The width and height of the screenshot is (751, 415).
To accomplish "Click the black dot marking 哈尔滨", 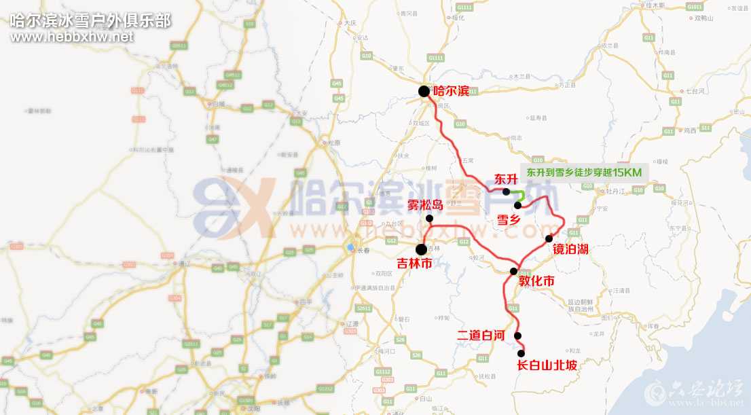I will point(424,91).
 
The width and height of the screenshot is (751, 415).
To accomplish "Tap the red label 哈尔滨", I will point(450,90).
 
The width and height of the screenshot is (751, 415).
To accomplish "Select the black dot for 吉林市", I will point(421,249).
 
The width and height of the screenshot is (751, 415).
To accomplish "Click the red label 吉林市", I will point(414,264).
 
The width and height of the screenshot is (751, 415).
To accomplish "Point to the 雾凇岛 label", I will point(425,205).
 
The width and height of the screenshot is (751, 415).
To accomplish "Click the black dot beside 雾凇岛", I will point(429,218).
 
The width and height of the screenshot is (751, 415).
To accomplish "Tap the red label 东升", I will point(507,179).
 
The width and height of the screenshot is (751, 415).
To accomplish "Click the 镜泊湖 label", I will point(570,250).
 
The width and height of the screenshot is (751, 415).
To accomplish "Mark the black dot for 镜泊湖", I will point(549,238).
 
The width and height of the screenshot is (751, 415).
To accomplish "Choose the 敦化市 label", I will point(536,281).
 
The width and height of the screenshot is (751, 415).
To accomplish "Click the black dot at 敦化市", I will point(513,271).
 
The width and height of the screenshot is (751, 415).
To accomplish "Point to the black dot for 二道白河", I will point(517,336).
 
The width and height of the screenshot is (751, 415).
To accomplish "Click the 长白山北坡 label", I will point(547,365).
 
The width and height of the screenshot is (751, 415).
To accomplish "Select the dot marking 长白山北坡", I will point(521,354).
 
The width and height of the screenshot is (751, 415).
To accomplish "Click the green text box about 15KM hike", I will point(583,173).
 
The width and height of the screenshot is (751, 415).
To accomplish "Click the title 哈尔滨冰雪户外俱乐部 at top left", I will point(90,19).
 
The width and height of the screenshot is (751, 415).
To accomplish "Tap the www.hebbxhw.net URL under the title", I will point(72,37).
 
